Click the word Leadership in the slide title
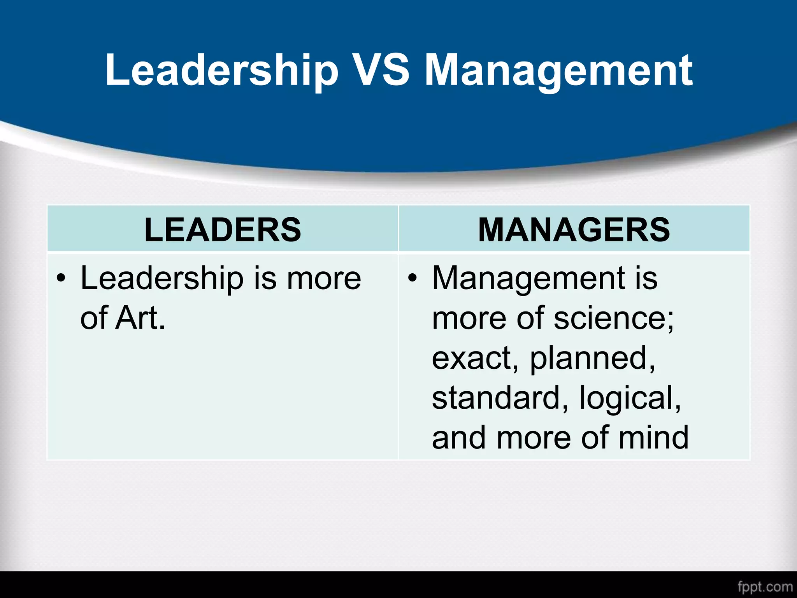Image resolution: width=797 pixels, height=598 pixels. click(221, 71)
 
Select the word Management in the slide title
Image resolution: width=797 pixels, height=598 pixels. click(558, 72)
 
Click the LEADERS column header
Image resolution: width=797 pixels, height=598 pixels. click(223, 230)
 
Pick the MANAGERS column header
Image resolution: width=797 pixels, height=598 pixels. click(574, 230)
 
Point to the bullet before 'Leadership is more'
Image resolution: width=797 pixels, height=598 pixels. click(61, 279)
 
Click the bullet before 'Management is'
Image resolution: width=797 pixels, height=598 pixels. click(413, 279)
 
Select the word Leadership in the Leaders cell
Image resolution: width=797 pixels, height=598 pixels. click(162, 279)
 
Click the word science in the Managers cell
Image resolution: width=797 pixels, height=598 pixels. click(613, 318)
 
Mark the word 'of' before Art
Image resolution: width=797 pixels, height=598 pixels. click(93, 318)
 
